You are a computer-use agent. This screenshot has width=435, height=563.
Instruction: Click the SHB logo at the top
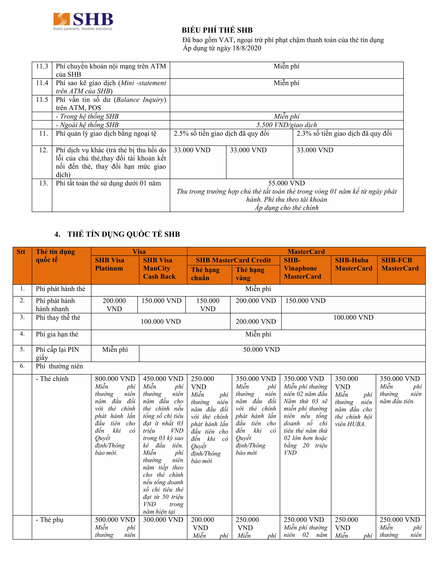click(83, 21)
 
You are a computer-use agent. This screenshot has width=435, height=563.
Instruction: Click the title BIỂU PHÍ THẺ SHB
click(217, 30)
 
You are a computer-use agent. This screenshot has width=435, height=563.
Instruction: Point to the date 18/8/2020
click(247, 48)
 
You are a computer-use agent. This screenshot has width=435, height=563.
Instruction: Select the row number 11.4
click(42, 83)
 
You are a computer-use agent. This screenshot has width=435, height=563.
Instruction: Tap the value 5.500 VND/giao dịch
click(286, 125)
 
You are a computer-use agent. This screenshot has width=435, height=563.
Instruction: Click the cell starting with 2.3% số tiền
click(344, 134)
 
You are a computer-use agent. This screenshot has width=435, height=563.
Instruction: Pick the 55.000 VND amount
click(286, 183)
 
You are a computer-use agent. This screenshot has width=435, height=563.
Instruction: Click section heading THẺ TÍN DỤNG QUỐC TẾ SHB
click(123, 234)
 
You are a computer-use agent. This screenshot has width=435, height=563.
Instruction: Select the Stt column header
click(21, 252)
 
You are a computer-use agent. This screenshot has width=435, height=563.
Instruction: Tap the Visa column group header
click(139, 252)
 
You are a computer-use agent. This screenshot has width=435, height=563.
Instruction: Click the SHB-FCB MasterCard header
click(400, 264)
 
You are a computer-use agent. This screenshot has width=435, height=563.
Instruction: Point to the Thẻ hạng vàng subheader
click(250, 274)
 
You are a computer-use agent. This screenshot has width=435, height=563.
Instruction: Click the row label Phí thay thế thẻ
click(58, 318)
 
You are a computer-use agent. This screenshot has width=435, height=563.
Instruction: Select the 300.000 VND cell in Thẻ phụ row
click(163, 520)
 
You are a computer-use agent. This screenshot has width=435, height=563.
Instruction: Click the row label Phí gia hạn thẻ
click(57, 334)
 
